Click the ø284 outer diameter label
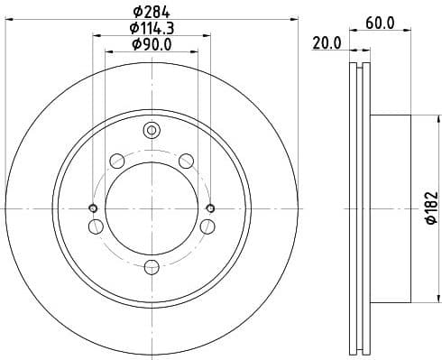pyautogui.click(x=151, y=12)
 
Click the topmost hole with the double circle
pyautogui.click(x=152, y=131)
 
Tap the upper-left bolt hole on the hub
pyautogui.click(x=116, y=162)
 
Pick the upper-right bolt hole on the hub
pyautogui.click(x=187, y=162)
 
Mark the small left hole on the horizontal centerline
pyautogui.click(x=93, y=208)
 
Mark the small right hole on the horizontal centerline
pyautogui.click(x=210, y=208)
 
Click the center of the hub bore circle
pyautogui.click(x=152, y=208)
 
